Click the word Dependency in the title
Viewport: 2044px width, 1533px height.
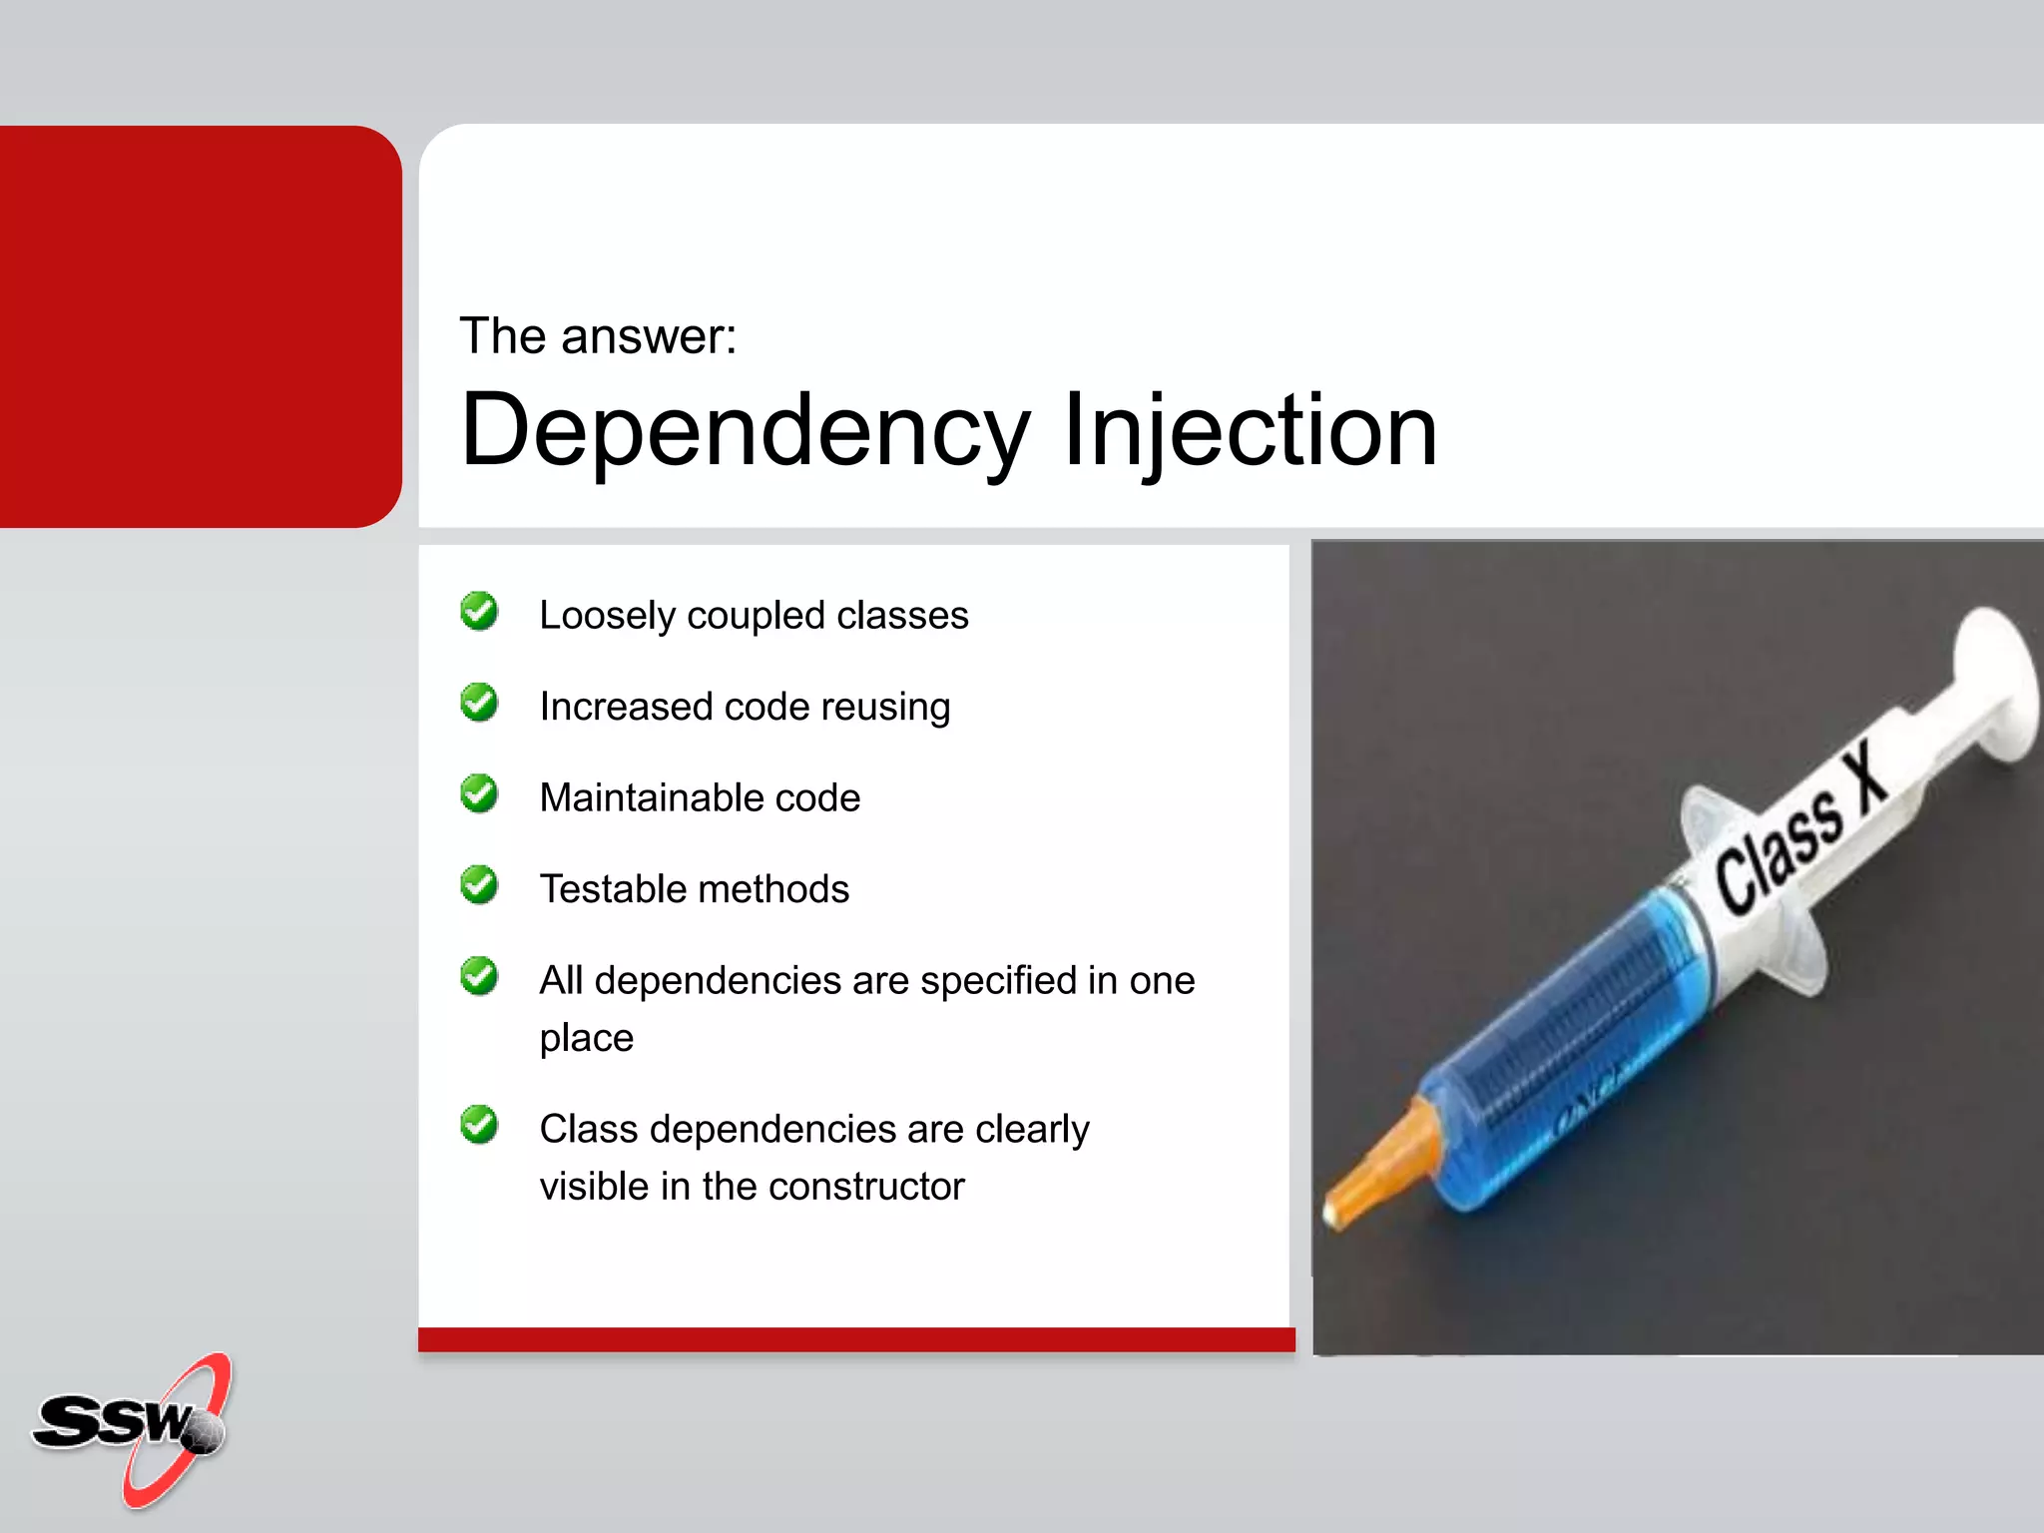(x=745, y=431)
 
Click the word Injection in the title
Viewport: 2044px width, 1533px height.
(x=1250, y=431)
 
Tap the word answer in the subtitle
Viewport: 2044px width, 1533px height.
(x=648, y=336)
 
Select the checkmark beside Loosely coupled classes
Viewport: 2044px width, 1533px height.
(x=479, y=612)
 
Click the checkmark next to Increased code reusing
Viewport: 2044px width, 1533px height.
(x=479, y=703)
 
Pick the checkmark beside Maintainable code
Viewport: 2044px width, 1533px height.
(x=479, y=794)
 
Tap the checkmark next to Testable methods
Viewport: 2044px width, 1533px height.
(x=479, y=885)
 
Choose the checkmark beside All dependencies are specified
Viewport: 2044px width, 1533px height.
(x=479, y=976)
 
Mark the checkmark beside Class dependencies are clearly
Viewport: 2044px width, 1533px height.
(x=479, y=1125)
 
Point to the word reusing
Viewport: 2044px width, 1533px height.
(x=885, y=708)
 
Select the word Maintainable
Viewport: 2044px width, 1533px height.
(x=650, y=798)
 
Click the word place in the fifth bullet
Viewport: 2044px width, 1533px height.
(x=586, y=1039)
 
